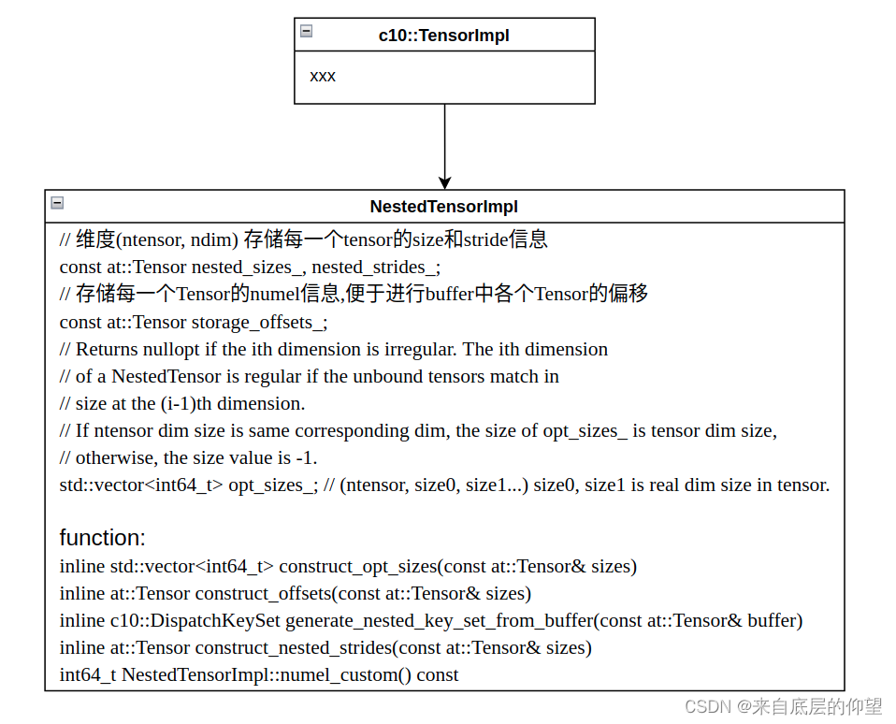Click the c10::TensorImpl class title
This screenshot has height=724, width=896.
443,36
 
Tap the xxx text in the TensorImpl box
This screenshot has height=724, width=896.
323,76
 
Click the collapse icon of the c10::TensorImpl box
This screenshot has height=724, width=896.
306,31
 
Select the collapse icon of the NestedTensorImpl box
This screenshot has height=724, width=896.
57,202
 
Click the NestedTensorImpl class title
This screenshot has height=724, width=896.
443,207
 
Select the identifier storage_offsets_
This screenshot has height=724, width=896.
259,323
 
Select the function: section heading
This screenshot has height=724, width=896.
102,538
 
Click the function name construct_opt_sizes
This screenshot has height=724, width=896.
358,567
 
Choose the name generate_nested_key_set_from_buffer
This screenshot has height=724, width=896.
439,621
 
